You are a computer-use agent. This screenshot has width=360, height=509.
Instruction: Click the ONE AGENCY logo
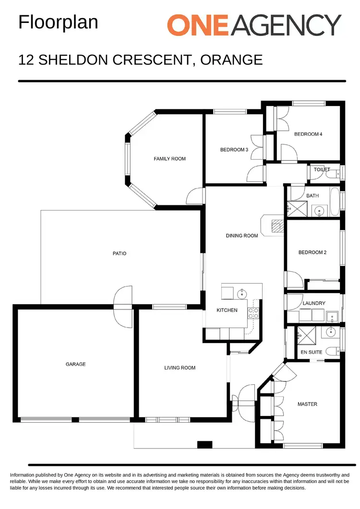[x=254, y=25]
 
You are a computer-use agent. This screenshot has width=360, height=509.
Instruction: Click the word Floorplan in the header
[x=58, y=23]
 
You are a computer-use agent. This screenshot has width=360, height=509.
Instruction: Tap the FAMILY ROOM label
[x=169, y=159]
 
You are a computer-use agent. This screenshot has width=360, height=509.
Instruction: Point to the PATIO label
[x=119, y=253]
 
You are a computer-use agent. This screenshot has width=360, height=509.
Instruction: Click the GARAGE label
[x=75, y=364]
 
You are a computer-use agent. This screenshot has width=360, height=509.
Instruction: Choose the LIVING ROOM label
[x=180, y=368]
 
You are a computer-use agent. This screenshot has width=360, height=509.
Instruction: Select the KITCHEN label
[x=227, y=310]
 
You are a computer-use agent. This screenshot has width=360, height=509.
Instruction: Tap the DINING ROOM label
[x=242, y=236]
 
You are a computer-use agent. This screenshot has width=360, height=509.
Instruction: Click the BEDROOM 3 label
[x=234, y=150]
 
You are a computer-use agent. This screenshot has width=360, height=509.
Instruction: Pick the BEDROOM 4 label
[x=308, y=134]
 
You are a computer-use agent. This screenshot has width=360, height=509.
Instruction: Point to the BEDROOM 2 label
[x=312, y=252]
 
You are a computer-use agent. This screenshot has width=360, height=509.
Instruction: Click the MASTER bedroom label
[x=307, y=404]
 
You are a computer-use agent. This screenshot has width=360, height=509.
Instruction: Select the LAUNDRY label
[x=314, y=303]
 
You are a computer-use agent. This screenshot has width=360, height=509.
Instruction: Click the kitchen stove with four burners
[x=253, y=313]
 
